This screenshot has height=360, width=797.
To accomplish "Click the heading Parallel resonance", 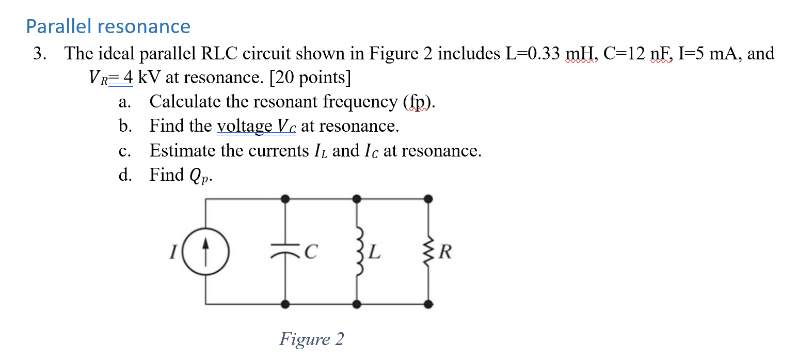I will (108, 26).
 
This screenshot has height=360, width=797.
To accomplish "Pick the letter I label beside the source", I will (174, 253).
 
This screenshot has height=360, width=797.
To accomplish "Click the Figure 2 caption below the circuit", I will (311, 339).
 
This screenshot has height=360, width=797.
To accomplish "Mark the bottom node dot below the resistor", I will (428, 304).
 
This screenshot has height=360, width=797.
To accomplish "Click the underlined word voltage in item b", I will (245, 126).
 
